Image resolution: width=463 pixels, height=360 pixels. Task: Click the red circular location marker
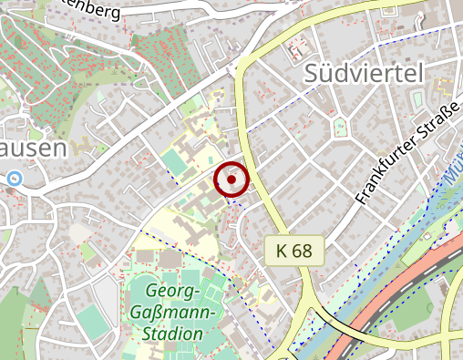[231, 180]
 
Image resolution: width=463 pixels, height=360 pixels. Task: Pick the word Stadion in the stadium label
[172, 334]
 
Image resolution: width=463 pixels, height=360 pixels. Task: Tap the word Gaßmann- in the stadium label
[178, 314]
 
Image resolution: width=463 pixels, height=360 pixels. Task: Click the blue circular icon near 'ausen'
[13, 179]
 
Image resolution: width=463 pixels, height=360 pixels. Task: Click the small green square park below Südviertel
[341, 126]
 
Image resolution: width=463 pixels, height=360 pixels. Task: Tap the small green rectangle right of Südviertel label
[417, 98]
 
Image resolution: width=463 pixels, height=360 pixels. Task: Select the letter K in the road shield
[280, 250]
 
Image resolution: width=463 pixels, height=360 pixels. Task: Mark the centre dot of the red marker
[231, 180]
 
